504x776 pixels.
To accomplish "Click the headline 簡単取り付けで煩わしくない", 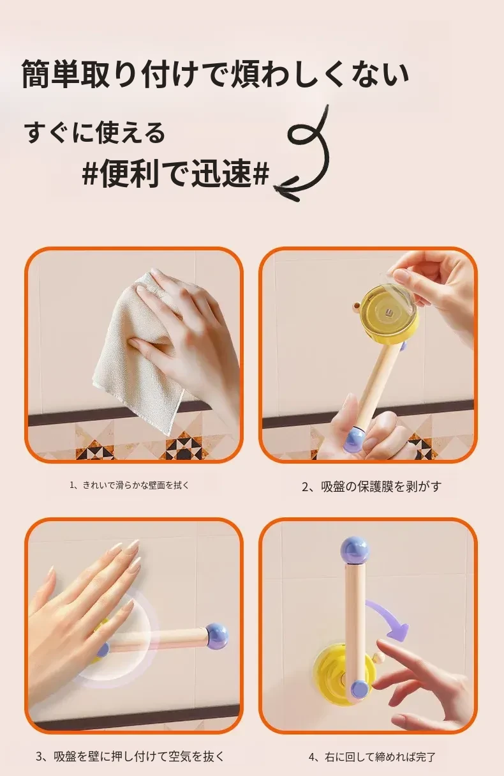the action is pos(215,74).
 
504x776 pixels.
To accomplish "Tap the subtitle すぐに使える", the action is pos(95,133).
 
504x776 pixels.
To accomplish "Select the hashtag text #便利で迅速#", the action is pos(175,172).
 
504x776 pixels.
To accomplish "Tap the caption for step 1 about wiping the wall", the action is pos(130,485).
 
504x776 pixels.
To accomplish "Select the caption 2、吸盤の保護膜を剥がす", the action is pos(371,487).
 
